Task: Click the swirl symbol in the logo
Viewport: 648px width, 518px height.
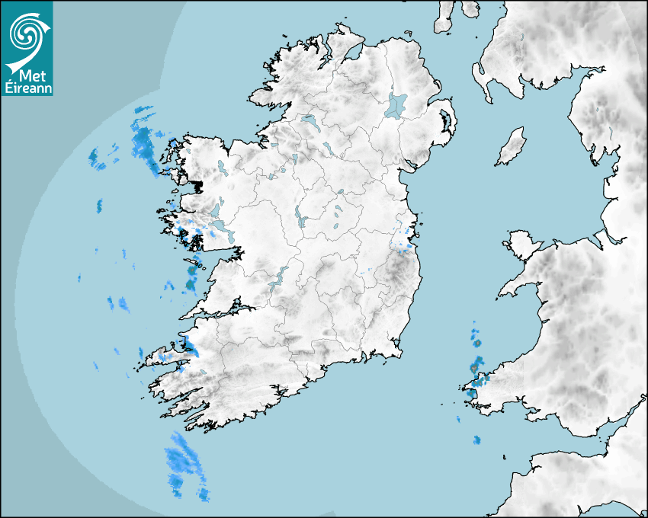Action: click(x=25, y=33)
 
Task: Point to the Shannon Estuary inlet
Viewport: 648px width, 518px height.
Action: click(x=221, y=312)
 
